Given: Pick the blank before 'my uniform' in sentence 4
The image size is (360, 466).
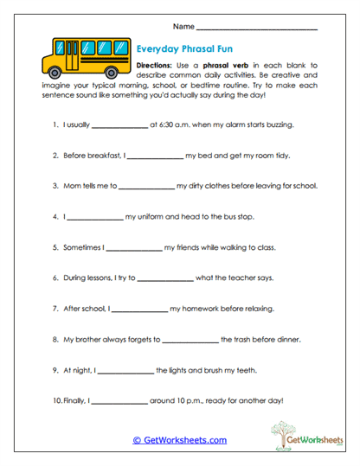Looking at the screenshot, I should coord(95,216).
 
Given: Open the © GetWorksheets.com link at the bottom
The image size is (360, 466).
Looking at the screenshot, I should coord(179,440).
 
